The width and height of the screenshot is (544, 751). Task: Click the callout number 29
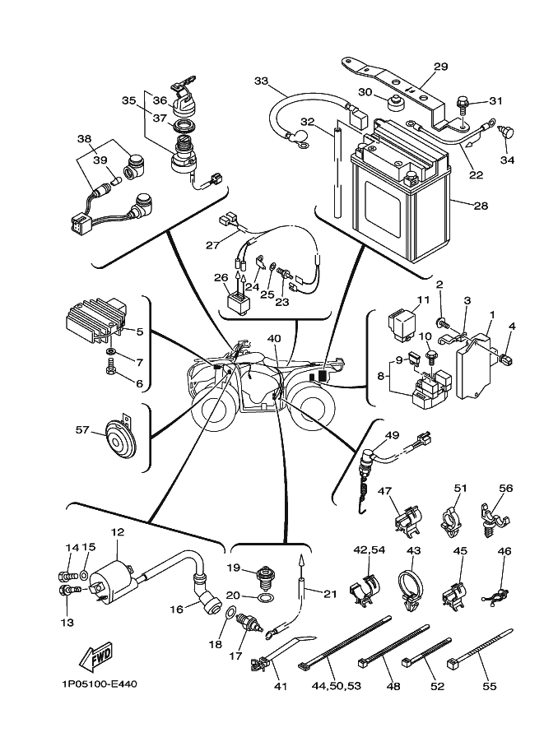(440, 67)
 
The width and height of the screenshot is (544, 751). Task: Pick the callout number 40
(274, 338)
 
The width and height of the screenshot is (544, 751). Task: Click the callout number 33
(262, 81)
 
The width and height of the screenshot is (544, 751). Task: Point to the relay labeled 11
(404, 325)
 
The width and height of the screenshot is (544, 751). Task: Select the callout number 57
(82, 429)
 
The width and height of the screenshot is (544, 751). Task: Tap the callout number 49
(392, 435)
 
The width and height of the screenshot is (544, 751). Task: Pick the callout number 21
(330, 593)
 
